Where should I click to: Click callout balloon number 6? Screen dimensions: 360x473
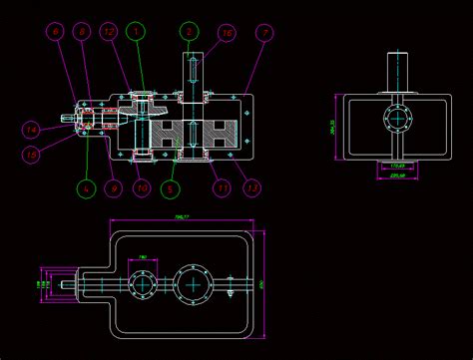[57, 32]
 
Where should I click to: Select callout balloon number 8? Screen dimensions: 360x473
[83, 32]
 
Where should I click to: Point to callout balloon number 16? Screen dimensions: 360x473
[228, 32]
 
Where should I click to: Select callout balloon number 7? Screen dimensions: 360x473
[264, 32]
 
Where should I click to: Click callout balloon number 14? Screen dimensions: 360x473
[31, 129]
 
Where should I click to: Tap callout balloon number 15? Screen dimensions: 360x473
[31, 154]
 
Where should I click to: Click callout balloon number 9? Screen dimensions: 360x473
[114, 186]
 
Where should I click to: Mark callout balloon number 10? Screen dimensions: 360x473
[142, 186]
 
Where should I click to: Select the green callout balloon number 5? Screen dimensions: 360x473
[170, 186]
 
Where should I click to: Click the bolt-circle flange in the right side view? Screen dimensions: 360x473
[397, 119]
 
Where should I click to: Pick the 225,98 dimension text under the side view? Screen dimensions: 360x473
[396, 177]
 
